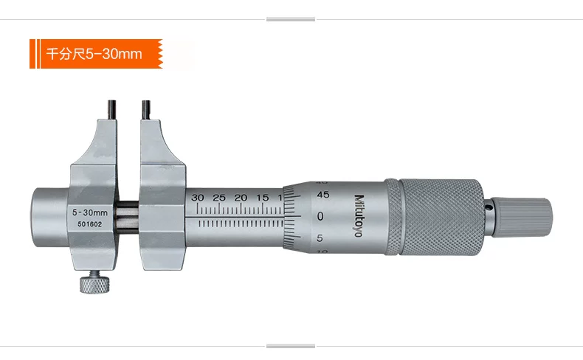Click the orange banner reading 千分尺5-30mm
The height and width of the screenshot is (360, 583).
(96, 54)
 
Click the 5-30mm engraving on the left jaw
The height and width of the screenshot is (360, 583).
(89, 212)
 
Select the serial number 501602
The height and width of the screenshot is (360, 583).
(89, 224)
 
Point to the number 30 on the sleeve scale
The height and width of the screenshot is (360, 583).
(198, 198)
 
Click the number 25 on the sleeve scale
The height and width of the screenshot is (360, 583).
(219, 198)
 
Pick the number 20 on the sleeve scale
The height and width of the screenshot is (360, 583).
(241, 198)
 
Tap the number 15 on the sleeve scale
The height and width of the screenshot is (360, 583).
(262, 198)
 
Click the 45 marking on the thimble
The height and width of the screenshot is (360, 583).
(322, 195)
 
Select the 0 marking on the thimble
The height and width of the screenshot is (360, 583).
(320, 216)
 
